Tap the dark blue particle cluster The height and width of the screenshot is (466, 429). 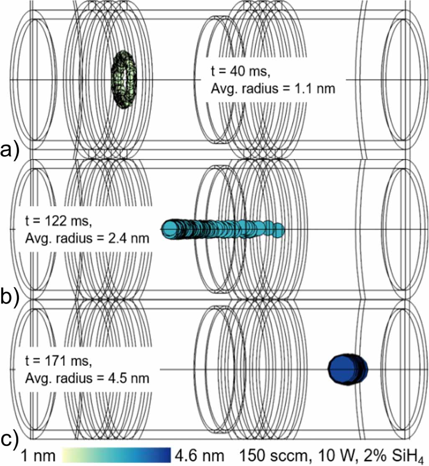(348, 369)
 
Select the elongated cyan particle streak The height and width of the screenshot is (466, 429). (223, 229)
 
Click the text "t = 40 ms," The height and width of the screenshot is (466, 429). (241, 71)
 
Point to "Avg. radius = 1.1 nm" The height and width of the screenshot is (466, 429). (273, 89)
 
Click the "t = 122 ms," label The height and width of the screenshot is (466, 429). (59, 221)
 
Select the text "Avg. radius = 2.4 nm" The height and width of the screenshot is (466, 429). (87, 238)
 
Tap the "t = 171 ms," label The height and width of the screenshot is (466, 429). (59, 361)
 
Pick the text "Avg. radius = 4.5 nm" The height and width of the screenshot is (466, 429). (87, 378)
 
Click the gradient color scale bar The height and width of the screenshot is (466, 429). (116, 455)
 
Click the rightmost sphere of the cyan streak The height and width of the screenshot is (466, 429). (279, 230)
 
